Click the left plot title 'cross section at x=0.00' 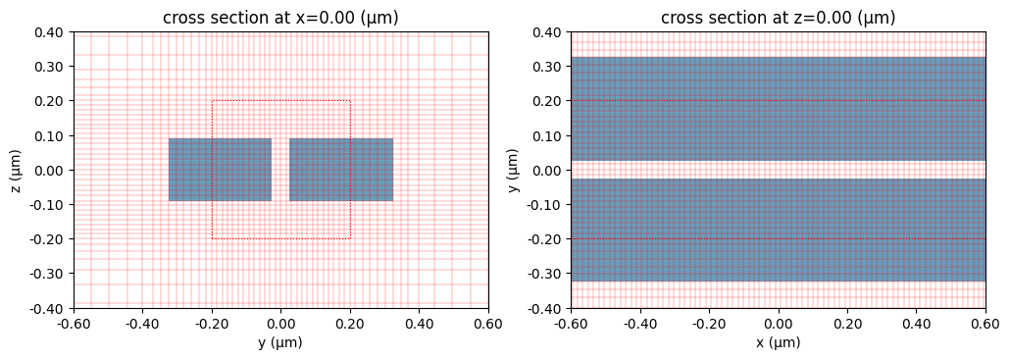click(x=280, y=18)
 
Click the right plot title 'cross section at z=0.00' click(x=779, y=18)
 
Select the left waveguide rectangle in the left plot click(x=220, y=170)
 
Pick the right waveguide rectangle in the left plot click(x=341, y=170)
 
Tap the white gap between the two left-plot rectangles click(x=280, y=170)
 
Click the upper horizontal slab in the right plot click(x=779, y=109)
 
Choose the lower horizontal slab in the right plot click(x=779, y=231)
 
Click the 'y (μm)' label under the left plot click(x=280, y=343)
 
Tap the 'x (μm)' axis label click(x=779, y=343)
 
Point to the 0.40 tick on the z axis click(x=50, y=32)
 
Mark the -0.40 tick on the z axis click(x=48, y=308)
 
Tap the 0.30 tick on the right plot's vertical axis click(x=548, y=67)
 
